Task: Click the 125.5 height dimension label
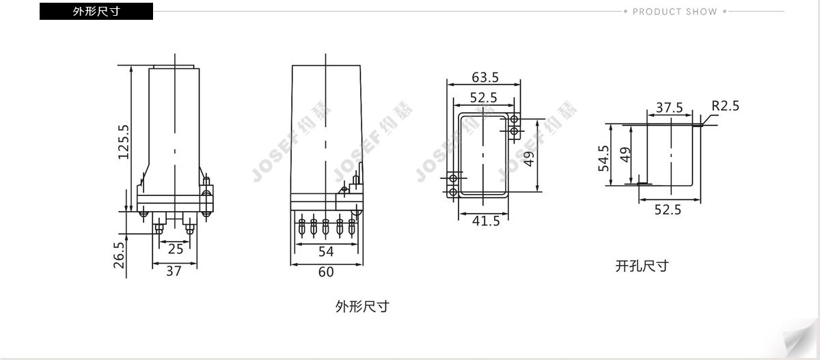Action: (x=124, y=142)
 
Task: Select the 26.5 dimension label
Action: (x=120, y=255)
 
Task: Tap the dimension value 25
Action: (x=176, y=249)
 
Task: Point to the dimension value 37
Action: (x=174, y=271)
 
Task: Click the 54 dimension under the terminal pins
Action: (x=326, y=251)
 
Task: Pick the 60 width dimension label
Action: (x=326, y=272)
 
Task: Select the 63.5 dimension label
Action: (x=485, y=78)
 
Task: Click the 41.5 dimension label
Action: (x=486, y=221)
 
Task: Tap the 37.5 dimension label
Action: (x=669, y=107)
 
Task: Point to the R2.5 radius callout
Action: (x=725, y=106)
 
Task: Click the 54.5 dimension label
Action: (x=603, y=158)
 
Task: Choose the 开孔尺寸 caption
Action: (x=642, y=266)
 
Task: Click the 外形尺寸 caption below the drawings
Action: (x=362, y=306)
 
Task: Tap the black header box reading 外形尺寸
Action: (x=96, y=12)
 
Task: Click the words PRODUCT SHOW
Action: (x=674, y=12)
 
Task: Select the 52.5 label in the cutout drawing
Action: (x=668, y=210)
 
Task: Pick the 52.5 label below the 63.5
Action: (x=484, y=98)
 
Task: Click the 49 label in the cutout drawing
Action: (x=625, y=155)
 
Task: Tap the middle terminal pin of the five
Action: (x=325, y=227)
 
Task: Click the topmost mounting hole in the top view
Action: (x=515, y=120)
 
